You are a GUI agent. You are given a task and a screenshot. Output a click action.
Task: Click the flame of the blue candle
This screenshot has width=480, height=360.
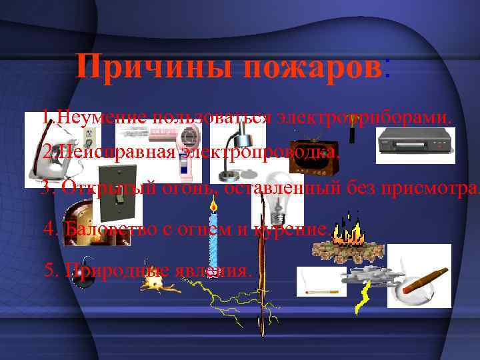[x=214, y=204]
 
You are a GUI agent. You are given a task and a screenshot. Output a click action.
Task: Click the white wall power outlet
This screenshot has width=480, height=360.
[x=88, y=135]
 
